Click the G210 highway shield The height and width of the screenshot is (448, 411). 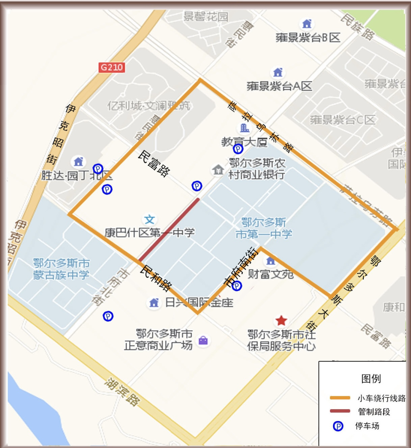coord(112,68)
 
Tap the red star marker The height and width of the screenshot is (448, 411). coord(281,321)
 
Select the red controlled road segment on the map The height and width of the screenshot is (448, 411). coord(169,230)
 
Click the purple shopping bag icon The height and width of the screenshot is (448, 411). coord(203,340)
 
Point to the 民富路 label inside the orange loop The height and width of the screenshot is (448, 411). coord(154,164)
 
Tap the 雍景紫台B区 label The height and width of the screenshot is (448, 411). coord(307,38)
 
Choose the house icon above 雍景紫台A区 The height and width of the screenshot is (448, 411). coord(278,72)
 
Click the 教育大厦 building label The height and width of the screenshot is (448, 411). coord(244,142)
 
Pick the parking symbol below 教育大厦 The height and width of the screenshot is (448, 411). coord(238,149)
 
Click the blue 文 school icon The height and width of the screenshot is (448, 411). coord(150,219)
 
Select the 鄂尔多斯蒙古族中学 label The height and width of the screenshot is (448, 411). coord(61,269)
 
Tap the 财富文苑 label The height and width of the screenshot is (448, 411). coord(271,274)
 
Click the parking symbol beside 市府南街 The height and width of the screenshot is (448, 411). coord(237,286)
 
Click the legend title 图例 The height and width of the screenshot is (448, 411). coord(371,378)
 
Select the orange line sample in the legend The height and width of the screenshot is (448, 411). coord(340,398)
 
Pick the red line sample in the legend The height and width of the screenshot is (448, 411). coord(340,411)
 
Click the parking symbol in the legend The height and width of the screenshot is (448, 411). coord(338,426)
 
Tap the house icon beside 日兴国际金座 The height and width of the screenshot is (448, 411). coord(154,303)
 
